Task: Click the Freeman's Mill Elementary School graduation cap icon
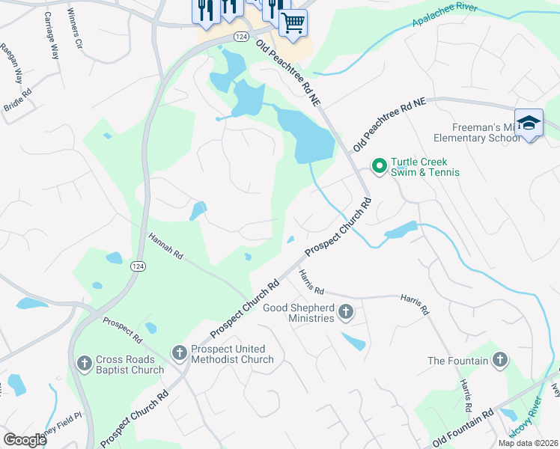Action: coord(529,123)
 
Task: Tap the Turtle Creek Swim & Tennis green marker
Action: coord(379,165)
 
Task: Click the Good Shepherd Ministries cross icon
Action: coord(345,311)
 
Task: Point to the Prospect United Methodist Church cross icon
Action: coord(179,352)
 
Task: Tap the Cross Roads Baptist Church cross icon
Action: coord(84,363)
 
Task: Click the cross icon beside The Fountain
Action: coord(500,361)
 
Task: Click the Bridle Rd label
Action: coord(17,101)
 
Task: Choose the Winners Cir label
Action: coord(76,30)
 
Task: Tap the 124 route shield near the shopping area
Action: coord(240,37)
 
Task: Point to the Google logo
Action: coord(25,440)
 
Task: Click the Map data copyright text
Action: coord(528,443)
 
